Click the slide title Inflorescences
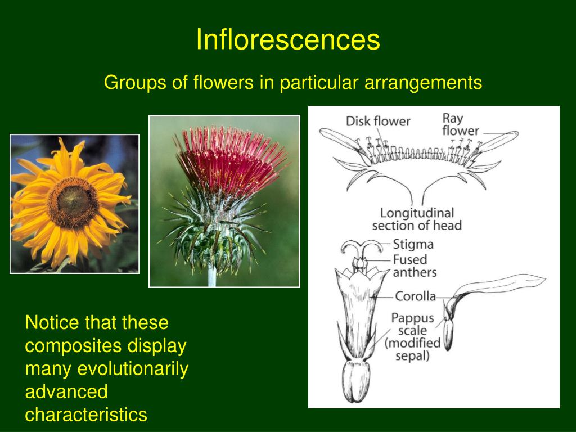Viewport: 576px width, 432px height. [288, 40]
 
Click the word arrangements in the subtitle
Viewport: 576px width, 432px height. [423, 83]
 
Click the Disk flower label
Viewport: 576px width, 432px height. [378, 121]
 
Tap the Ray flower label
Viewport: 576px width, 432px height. [460, 124]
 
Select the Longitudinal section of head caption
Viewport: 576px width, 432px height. [417, 219]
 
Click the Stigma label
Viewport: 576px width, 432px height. [413, 245]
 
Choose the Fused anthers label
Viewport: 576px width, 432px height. [414, 266]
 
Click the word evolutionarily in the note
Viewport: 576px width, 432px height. [133, 369]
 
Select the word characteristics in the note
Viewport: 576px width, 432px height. [86, 415]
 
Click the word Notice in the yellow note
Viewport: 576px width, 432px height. [52, 323]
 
